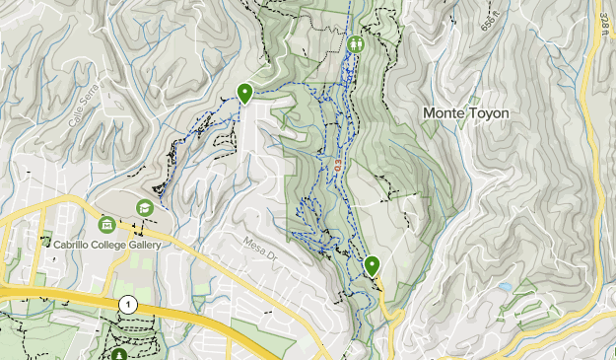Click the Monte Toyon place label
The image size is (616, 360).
pyautogui.click(x=466, y=113)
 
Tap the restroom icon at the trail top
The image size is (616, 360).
pyautogui.click(x=356, y=43)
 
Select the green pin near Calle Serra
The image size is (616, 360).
pyautogui.click(x=244, y=93)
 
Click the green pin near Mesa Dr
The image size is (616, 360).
pyautogui.click(x=373, y=265)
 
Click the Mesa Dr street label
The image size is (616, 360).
pyautogui.click(x=261, y=246)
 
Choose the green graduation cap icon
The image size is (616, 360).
pyautogui.click(x=145, y=207)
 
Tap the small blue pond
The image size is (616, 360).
pyautogui.click(x=506, y=287)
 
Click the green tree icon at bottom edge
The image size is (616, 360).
pyautogui.click(x=119, y=354)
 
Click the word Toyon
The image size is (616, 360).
pyautogui.click(x=489, y=113)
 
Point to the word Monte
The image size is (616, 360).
pyautogui.click(x=444, y=113)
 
